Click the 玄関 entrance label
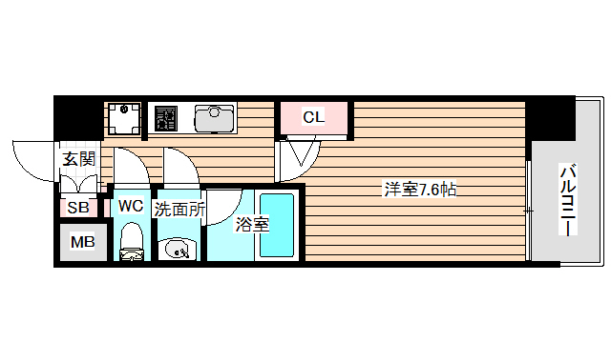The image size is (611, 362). coord(78,158)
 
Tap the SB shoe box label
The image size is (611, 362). coord(78,208)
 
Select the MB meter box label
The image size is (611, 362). coord(83,242)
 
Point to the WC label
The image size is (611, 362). coord(131,206)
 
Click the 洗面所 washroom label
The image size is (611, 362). coord(179,209)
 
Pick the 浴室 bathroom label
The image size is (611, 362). coord(251,225)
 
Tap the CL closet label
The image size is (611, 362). coord(313,118)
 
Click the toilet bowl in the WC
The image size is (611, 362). coord(131,240)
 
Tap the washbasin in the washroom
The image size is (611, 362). coord(177,249)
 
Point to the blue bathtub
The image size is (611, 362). coord(278,225)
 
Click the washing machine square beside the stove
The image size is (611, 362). coord(123,119)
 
